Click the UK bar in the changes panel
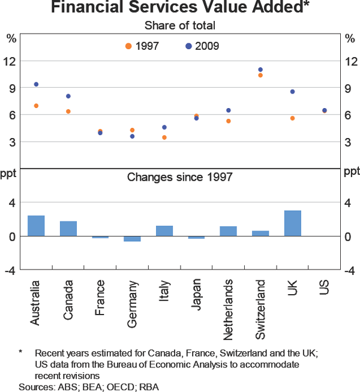pos(292,223)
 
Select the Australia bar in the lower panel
pos(36,226)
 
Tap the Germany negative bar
pos(132,239)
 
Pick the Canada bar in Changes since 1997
pos(68,229)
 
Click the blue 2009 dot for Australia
pos(36,85)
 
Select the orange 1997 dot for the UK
pos(292,118)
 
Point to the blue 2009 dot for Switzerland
pos(260,70)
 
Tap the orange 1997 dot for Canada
pos(68,112)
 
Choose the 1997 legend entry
pos(142,46)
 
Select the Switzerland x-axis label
pos(260,303)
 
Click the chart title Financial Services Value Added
pos(180,8)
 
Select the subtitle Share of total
pos(180,25)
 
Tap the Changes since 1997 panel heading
pos(180,177)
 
